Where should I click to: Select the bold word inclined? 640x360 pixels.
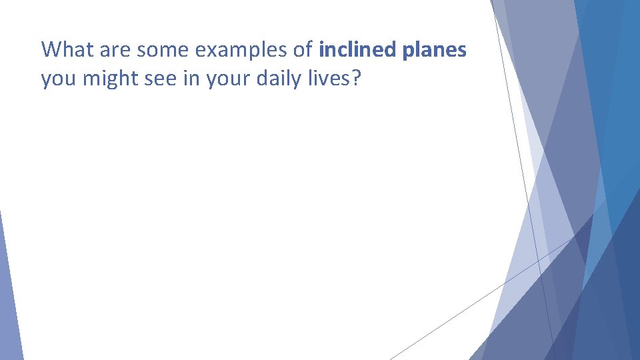click(355, 49)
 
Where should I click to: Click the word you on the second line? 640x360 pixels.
click(57, 80)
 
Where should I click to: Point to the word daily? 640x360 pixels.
click(275, 80)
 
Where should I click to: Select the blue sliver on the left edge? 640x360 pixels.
click(8, 300)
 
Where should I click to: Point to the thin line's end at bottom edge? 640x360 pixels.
click(391, 359)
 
